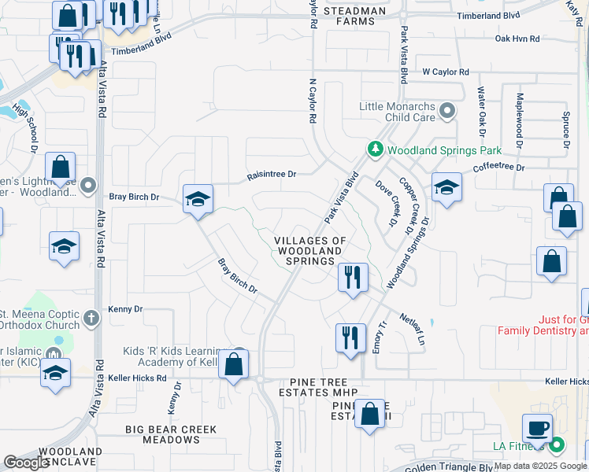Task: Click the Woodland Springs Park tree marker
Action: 375,149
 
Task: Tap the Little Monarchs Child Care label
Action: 398,112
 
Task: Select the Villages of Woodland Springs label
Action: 310,250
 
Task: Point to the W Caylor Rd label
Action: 446,72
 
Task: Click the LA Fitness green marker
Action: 557,446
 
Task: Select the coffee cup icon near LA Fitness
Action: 538,428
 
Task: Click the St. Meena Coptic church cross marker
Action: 91,319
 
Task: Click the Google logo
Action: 27,463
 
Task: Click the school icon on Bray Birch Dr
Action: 198,198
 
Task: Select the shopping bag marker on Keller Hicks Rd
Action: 234,364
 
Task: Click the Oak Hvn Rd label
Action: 517,38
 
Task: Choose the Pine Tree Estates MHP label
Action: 318,393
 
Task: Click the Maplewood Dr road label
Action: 520,121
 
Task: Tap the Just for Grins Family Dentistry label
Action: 543,326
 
